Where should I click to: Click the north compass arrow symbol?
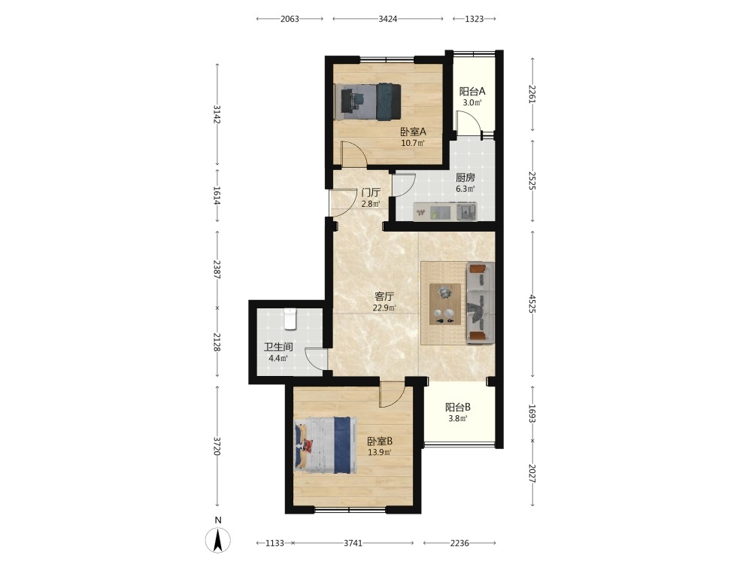point(218,539)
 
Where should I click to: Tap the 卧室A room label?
point(413,132)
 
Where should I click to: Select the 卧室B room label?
point(381,441)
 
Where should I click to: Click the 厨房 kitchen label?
point(465,177)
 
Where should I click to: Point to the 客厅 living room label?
point(384,296)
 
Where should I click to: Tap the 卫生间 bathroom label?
point(278,347)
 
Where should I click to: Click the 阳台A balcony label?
point(472,91)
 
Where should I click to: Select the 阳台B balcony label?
point(458,407)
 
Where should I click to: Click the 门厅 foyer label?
point(371,193)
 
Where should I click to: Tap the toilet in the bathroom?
point(290,319)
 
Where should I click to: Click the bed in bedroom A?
point(368,102)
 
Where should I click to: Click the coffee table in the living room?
point(445,304)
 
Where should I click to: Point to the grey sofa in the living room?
point(481,303)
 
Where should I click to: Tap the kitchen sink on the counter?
point(466,211)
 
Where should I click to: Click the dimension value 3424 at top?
point(388,19)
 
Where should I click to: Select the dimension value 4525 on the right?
point(532,305)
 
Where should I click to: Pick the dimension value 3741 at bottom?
point(353,543)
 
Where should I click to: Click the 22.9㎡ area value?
point(384,308)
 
